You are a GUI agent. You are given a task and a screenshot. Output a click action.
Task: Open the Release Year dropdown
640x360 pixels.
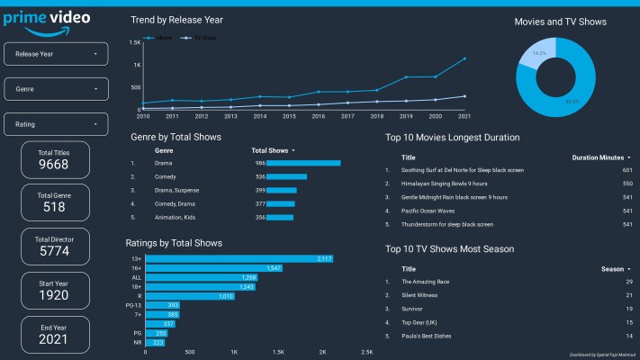[x=57, y=54]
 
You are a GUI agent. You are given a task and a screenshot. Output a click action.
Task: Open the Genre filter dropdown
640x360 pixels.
[x=57, y=89]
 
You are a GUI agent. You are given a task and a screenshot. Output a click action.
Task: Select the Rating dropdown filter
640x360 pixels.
[x=57, y=124]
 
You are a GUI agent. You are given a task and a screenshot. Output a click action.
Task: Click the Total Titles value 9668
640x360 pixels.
[x=55, y=165]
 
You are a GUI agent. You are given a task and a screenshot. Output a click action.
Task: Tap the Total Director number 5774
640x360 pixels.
[x=55, y=252]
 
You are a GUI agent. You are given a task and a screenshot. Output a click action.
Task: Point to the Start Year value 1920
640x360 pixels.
[x=55, y=295]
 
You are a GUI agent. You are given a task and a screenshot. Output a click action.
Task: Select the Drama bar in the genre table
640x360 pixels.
[x=298, y=163]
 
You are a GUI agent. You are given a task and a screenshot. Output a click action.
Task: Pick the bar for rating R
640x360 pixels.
[x=190, y=295]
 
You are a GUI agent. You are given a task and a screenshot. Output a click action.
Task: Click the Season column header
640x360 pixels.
[x=614, y=268]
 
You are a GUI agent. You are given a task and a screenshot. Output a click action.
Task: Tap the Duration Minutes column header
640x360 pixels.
[x=599, y=157]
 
